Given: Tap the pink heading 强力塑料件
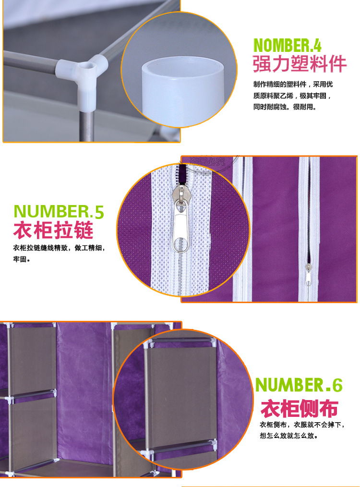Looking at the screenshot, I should pyautogui.click(x=300, y=64).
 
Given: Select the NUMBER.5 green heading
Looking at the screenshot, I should pyautogui.click(x=59, y=212).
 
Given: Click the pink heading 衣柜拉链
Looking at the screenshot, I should pyautogui.click(x=53, y=231).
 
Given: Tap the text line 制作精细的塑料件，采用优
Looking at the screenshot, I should pyautogui.click(x=293, y=85).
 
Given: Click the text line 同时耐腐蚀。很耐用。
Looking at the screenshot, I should pyautogui.click(x=285, y=107).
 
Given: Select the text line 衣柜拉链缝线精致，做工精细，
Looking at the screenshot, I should pyautogui.click(x=59, y=248).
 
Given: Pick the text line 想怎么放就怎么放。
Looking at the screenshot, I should pyautogui.click(x=288, y=437).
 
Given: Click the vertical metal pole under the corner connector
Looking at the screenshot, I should pyautogui.click(x=85, y=118).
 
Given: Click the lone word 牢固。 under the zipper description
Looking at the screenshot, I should pyautogui.click(x=22, y=260).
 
